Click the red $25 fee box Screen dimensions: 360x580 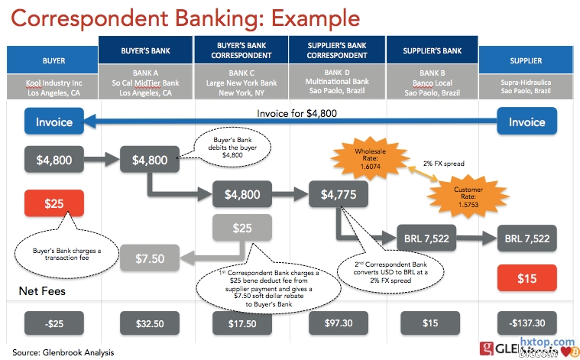click(54, 203)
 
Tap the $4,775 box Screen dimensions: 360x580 click(339, 194)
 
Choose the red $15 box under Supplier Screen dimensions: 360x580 click(526, 279)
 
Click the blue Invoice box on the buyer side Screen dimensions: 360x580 click(54, 122)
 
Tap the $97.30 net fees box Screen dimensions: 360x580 click(339, 323)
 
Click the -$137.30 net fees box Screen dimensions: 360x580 click(526, 323)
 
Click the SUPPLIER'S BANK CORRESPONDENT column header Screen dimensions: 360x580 click(338, 51)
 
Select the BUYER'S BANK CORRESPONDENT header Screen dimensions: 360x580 click(241, 51)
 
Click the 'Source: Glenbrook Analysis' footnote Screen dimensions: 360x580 click(63, 352)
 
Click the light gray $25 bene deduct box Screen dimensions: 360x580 click(241, 228)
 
